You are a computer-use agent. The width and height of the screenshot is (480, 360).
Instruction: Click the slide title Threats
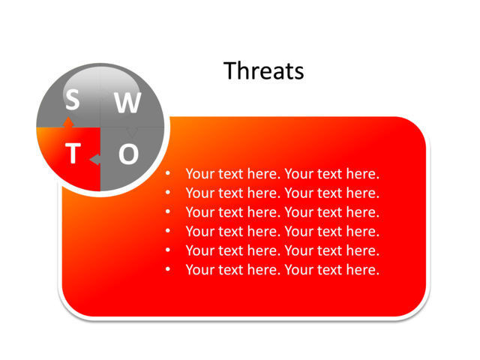click(x=264, y=70)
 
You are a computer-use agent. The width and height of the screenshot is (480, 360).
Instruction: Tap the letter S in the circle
click(x=72, y=98)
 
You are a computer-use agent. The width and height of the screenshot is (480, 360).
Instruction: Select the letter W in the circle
click(x=127, y=103)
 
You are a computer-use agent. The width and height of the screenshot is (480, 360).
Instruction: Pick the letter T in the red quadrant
click(x=73, y=154)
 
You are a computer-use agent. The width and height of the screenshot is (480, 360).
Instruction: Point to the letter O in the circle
click(x=129, y=154)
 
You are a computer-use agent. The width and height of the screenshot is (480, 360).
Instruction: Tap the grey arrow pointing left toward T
click(x=94, y=160)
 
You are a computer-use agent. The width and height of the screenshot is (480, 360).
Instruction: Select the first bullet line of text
click(x=282, y=174)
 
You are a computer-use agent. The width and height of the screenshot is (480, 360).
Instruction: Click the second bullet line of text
click(x=282, y=193)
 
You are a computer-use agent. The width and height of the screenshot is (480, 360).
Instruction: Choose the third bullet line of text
click(x=282, y=212)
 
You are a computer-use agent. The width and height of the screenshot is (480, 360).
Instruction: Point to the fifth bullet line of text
click(x=282, y=250)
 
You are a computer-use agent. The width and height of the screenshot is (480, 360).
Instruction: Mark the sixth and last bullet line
click(x=282, y=270)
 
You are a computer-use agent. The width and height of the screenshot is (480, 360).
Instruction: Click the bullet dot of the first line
click(x=168, y=174)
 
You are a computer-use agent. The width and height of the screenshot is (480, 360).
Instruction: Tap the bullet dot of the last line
click(x=168, y=270)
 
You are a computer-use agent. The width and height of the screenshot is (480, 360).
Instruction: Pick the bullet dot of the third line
click(x=168, y=212)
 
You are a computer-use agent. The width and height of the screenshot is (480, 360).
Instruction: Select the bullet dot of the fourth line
click(x=168, y=232)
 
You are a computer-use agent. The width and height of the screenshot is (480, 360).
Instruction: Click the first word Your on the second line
click(x=199, y=193)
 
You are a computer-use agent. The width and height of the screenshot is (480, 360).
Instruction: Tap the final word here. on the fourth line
click(x=361, y=232)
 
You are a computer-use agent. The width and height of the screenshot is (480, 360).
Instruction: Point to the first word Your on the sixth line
click(x=199, y=270)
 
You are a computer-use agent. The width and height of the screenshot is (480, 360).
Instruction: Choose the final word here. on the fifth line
click(x=361, y=250)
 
